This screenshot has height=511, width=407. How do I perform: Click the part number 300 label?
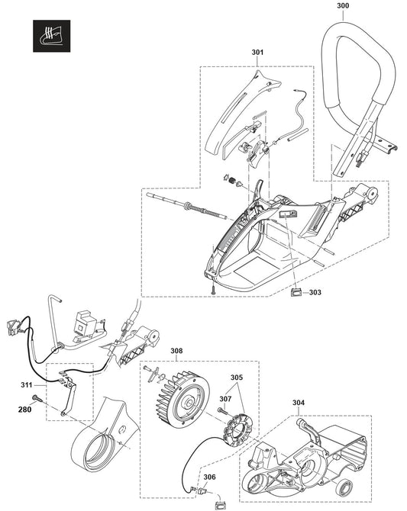343,5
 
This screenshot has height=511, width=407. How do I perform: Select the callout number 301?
257,52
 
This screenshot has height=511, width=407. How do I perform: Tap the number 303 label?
315,292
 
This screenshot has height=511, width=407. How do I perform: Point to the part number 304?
299,403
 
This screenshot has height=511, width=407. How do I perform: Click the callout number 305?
237,378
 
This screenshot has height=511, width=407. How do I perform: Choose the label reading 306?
209,477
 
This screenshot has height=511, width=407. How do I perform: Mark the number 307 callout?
225,399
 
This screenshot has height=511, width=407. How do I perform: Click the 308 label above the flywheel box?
176,351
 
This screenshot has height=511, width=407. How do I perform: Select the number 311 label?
27,385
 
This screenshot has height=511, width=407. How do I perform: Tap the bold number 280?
24,410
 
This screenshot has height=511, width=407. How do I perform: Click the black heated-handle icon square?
52,36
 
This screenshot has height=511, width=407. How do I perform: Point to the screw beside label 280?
36,398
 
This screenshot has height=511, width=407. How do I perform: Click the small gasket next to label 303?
296,292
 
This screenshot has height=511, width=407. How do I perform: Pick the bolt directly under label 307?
222,410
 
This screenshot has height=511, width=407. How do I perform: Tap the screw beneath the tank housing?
212,288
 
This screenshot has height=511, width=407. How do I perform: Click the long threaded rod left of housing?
187,206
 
